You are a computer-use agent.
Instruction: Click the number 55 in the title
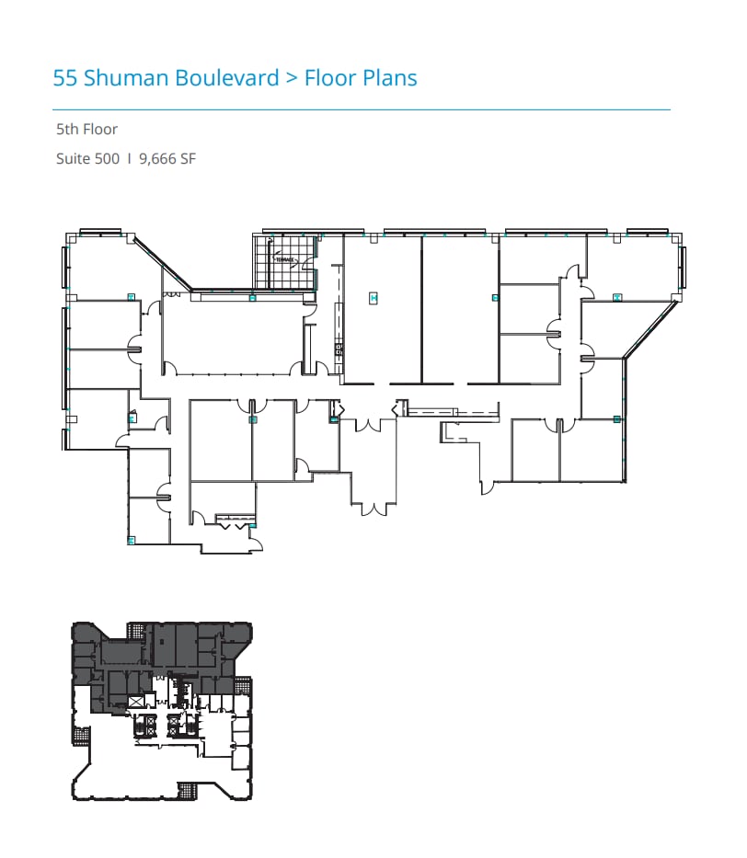pyautogui.click(x=65, y=78)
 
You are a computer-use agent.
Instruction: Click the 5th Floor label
pyautogui.click(x=86, y=130)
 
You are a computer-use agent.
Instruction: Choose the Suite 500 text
pyautogui.click(x=87, y=158)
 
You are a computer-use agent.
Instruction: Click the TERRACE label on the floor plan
pyautogui.click(x=285, y=260)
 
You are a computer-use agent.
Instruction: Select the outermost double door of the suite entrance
pyautogui.click(x=373, y=507)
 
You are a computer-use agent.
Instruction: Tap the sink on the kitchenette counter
pyautogui.click(x=339, y=349)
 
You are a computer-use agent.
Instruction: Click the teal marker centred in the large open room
pyautogui.click(x=373, y=297)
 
